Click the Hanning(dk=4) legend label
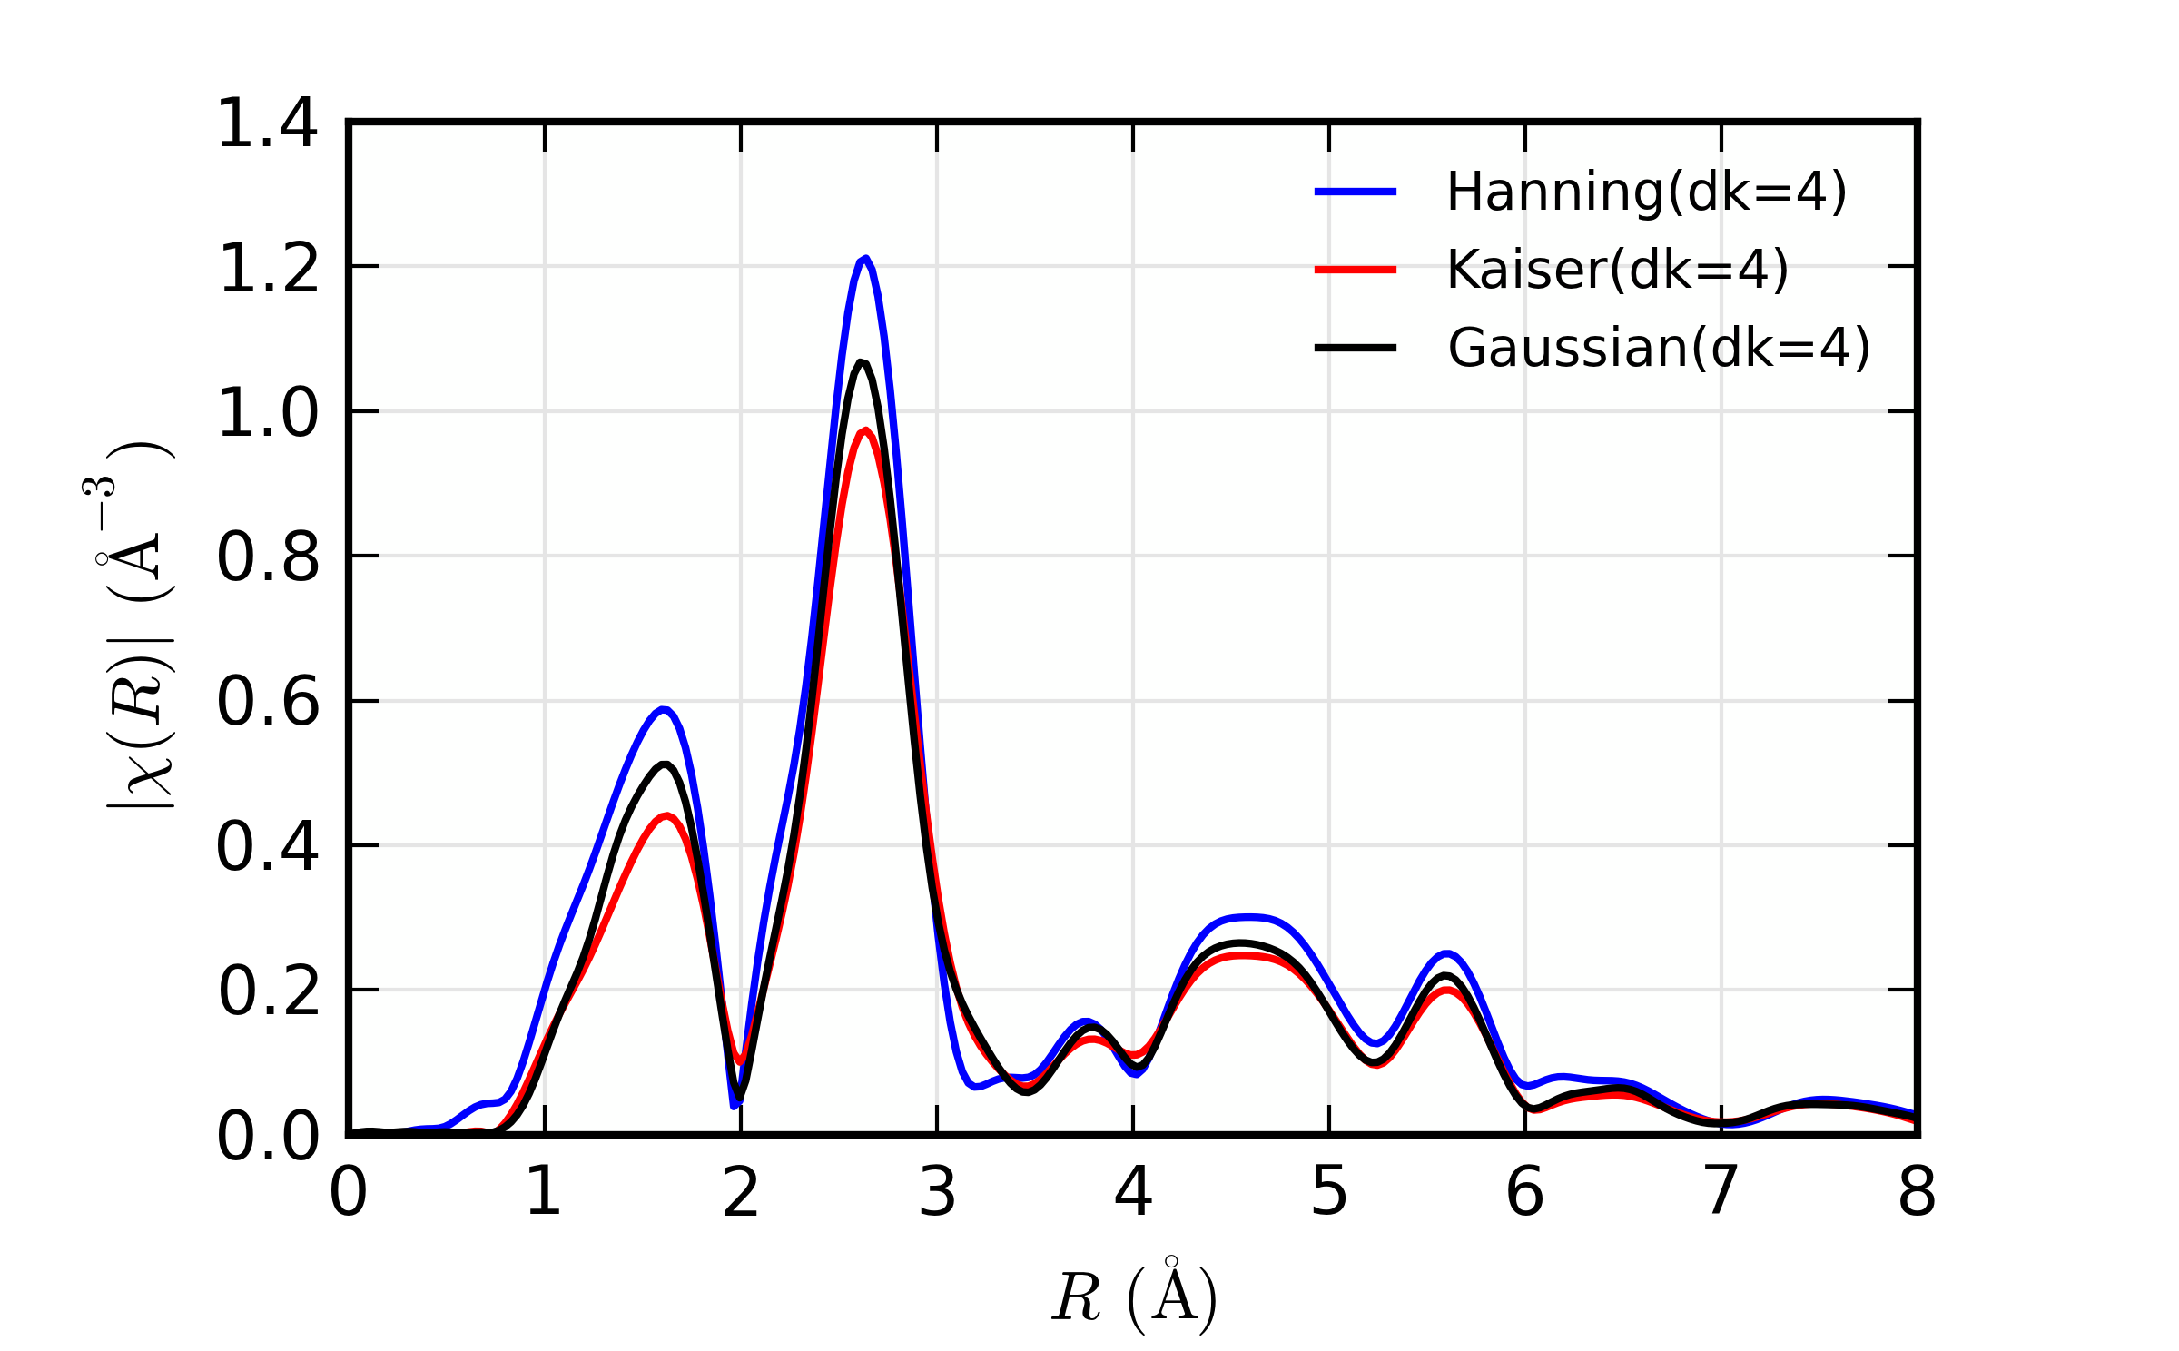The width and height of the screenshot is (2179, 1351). tap(1646, 192)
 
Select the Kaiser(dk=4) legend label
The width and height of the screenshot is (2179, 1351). tap(1617, 271)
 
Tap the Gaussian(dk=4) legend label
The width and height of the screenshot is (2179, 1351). tap(1659, 349)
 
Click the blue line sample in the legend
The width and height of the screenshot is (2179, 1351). tap(1355, 192)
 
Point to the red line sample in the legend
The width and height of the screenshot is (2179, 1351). tap(1355, 270)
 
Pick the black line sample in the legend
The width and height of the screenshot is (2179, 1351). tap(1355, 348)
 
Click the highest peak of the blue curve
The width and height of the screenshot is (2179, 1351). tap(865, 259)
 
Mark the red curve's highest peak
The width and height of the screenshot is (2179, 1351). tap(867, 431)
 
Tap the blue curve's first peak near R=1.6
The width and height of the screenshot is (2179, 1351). tap(665, 709)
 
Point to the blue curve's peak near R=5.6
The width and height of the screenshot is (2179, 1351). tap(1447, 953)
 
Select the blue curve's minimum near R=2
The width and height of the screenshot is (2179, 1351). tap(735, 1105)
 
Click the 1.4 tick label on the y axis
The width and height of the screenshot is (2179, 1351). tap(268, 123)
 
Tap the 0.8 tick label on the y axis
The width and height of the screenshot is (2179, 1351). tap(268, 557)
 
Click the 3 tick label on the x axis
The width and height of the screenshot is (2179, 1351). tap(937, 1192)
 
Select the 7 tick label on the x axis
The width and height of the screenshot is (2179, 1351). tap(1721, 1192)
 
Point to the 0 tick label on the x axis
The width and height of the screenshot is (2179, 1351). tap(349, 1192)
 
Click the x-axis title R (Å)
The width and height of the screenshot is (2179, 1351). tap(1134, 1297)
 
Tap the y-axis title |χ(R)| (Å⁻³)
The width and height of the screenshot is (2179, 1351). tap(138, 626)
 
